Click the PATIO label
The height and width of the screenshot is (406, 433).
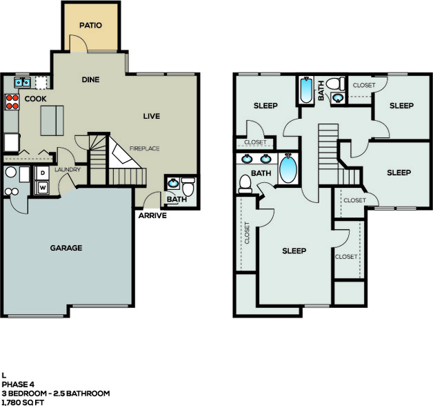[x=90, y=26]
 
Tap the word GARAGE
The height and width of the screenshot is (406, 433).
[x=66, y=248]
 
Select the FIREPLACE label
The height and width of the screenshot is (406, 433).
[x=144, y=148]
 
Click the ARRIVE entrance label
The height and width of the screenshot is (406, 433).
[x=152, y=215]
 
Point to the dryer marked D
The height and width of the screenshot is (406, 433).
[x=43, y=173]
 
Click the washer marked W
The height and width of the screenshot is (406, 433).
[x=43, y=188]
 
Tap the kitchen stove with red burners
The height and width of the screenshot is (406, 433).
[x=12, y=101]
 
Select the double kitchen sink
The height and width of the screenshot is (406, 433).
[x=22, y=82]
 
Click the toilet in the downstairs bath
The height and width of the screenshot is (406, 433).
[x=189, y=186]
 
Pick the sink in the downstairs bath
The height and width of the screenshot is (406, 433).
[x=174, y=183]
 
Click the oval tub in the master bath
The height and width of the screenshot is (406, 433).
[x=288, y=168]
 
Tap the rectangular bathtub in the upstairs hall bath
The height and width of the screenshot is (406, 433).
[x=306, y=90]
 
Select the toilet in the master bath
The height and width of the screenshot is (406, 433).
[x=245, y=184]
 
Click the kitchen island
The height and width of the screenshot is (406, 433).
[x=52, y=121]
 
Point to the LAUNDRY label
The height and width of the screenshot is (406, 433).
[x=68, y=170]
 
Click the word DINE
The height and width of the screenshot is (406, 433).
[x=90, y=79]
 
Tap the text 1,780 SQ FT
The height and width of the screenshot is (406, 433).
[x=23, y=402]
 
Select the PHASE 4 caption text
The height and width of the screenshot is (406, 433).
[x=18, y=385]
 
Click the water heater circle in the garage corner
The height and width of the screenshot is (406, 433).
[x=11, y=172]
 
